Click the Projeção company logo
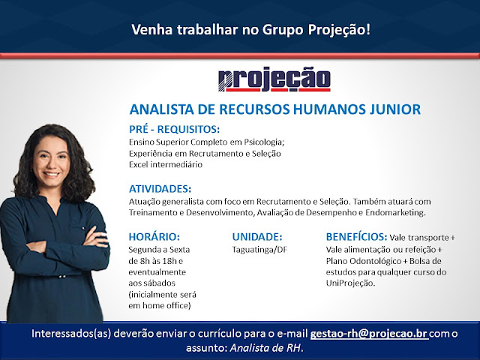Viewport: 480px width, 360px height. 274,79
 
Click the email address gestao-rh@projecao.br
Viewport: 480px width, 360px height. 369,333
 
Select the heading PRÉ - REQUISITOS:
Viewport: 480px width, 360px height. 175,129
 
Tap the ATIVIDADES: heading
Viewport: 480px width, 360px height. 160,188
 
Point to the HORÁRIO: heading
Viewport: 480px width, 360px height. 154,237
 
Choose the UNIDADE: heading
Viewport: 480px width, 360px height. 257,237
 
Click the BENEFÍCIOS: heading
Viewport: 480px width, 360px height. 357,237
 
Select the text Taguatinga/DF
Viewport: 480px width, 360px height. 259,250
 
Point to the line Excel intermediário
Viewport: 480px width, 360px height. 166,165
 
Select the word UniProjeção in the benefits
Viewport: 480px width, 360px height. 350,283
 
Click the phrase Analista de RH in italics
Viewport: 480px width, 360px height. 265,348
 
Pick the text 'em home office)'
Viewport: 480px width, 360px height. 160,305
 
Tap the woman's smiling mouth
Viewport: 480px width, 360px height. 52,175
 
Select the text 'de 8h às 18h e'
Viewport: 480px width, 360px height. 156,261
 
